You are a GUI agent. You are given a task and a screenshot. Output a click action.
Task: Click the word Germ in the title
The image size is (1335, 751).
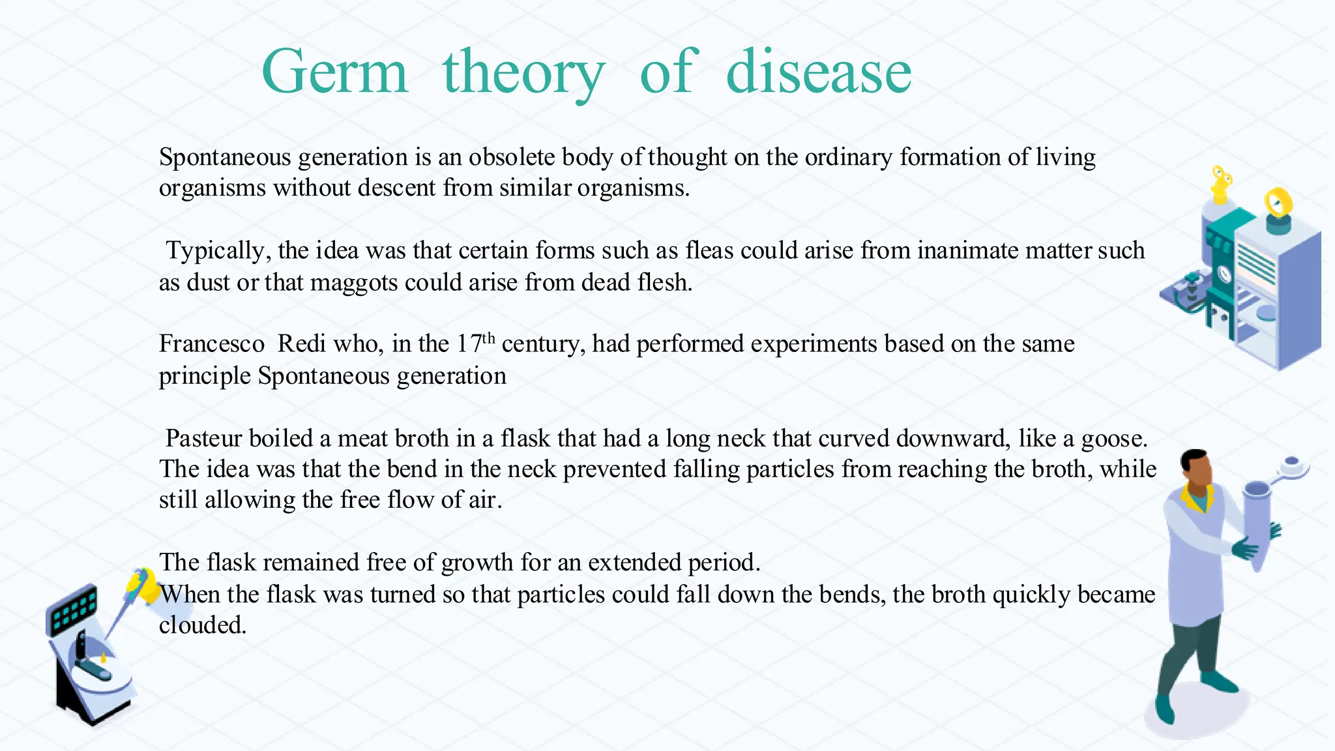[334, 72]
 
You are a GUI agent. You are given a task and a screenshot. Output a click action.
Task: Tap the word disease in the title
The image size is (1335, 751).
[818, 72]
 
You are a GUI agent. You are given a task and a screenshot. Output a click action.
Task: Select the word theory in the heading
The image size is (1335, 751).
[523, 73]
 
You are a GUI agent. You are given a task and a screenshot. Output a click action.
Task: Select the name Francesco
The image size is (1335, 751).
[212, 344]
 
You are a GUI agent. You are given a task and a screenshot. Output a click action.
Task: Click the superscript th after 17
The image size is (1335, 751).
[488, 338]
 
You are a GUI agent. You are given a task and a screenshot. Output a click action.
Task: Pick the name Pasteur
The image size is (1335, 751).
[203, 438]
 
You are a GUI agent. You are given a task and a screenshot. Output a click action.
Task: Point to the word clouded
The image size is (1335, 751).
[202, 625]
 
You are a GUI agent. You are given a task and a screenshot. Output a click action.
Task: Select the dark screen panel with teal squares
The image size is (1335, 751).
[72, 609]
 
